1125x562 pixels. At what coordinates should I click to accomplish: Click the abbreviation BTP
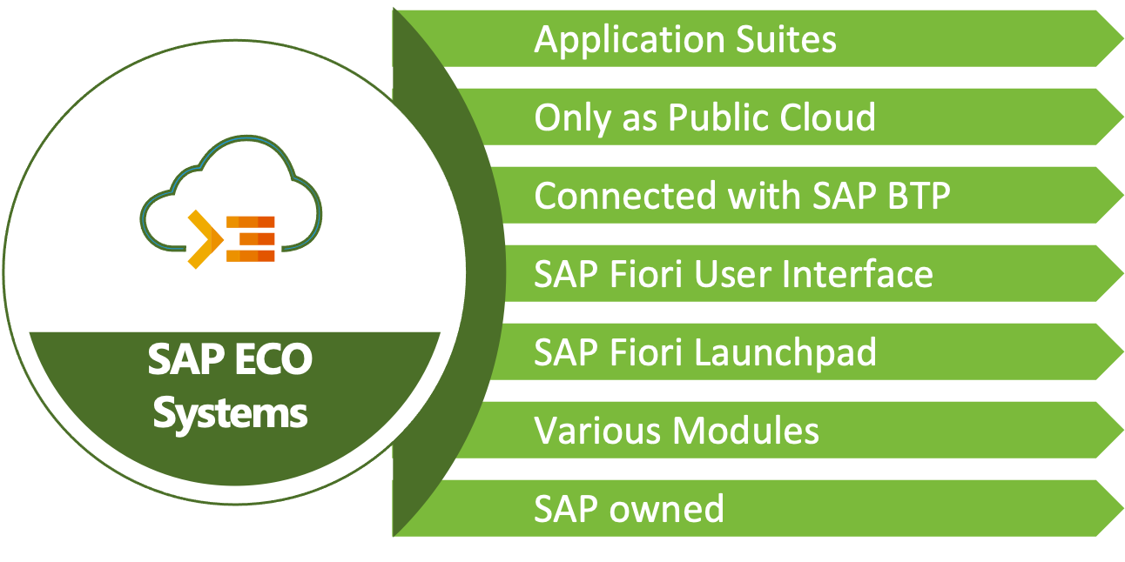(917, 196)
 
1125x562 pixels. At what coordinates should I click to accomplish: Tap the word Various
(601, 431)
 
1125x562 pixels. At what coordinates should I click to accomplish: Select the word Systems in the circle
(230, 412)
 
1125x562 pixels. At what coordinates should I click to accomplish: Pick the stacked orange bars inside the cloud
(251, 238)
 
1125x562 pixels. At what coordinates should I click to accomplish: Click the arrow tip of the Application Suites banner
(1114, 39)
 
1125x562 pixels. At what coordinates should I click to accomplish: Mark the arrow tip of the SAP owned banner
(1114, 508)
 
